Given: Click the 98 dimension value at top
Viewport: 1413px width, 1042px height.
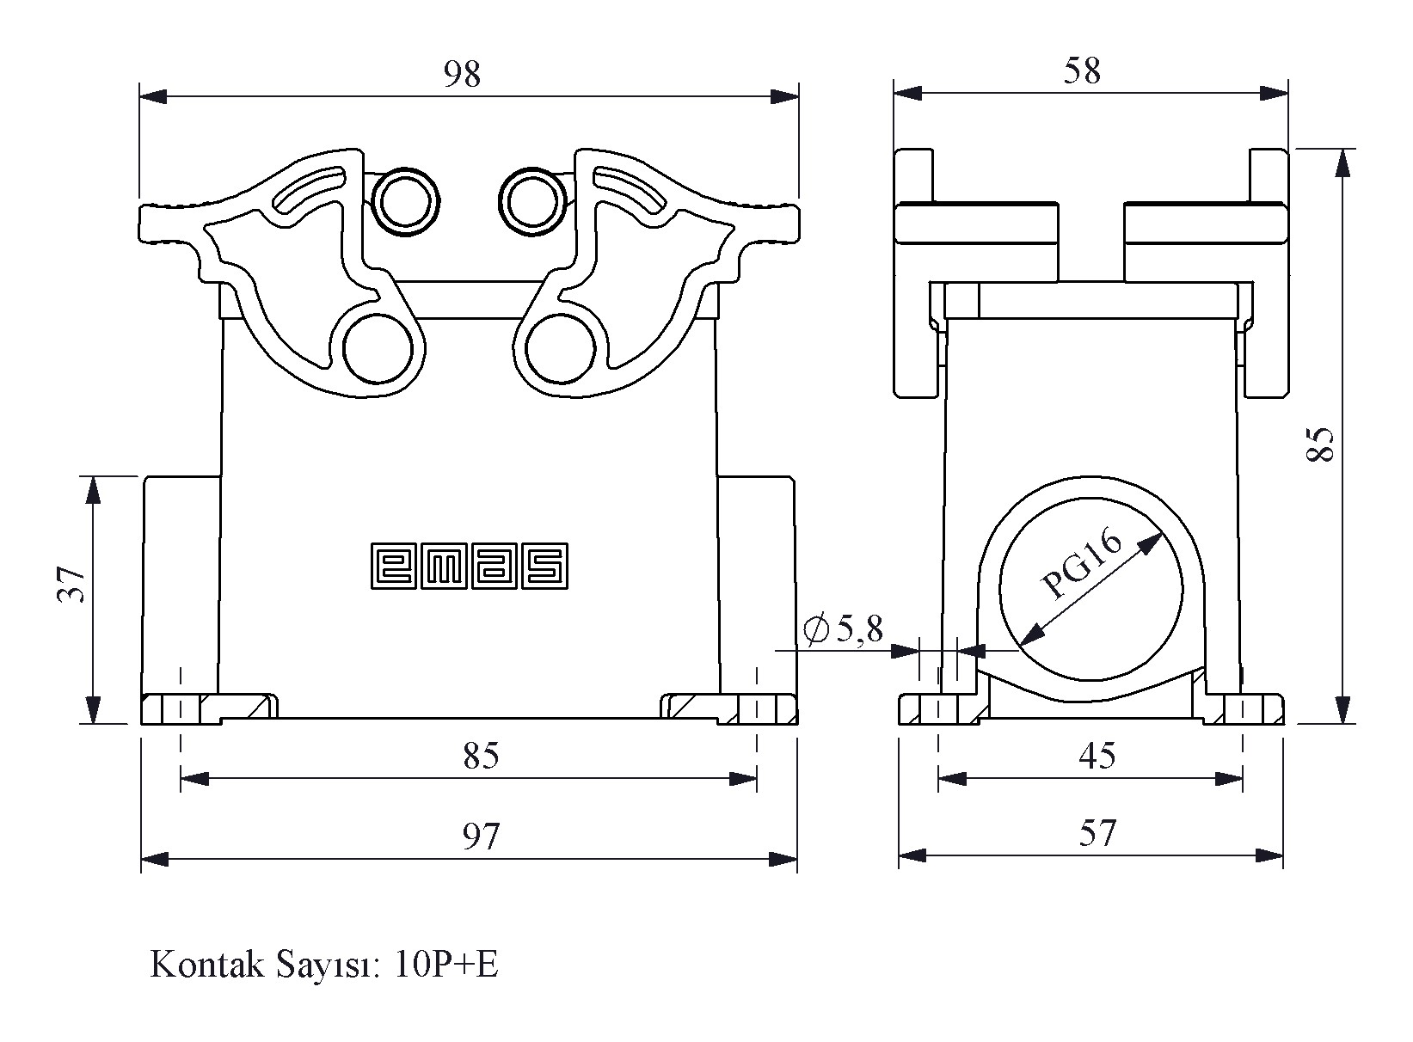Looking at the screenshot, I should click(462, 75).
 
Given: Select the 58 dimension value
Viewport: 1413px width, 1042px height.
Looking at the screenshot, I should click(1082, 71).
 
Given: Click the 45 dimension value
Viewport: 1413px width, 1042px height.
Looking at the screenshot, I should click(1097, 757).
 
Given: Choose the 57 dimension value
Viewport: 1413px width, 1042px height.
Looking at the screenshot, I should click(1097, 834).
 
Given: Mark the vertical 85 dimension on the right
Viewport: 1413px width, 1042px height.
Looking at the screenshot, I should click(1320, 444).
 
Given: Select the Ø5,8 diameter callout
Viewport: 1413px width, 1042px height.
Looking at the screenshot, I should click(843, 630).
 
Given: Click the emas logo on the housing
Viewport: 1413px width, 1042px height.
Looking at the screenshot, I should click(470, 566).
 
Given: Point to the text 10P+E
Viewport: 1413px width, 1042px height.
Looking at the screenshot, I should click(447, 965).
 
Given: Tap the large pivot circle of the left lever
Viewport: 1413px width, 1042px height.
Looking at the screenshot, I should click(378, 349).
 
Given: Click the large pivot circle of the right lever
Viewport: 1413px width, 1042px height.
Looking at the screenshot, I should click(562, 349).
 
